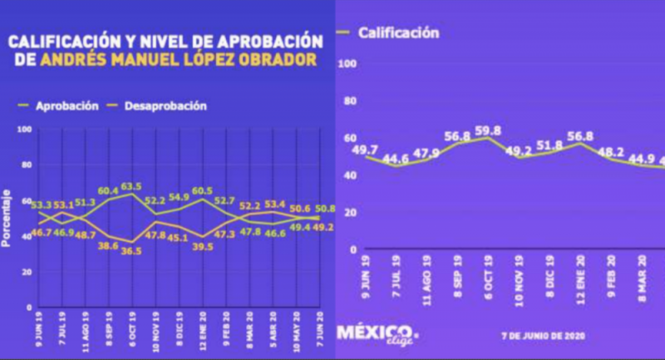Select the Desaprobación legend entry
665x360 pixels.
click(165, 106)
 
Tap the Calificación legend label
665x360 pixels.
click(398, 33)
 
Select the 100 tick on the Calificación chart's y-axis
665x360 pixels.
click(347, 64)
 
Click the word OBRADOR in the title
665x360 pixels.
click(278, 60)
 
